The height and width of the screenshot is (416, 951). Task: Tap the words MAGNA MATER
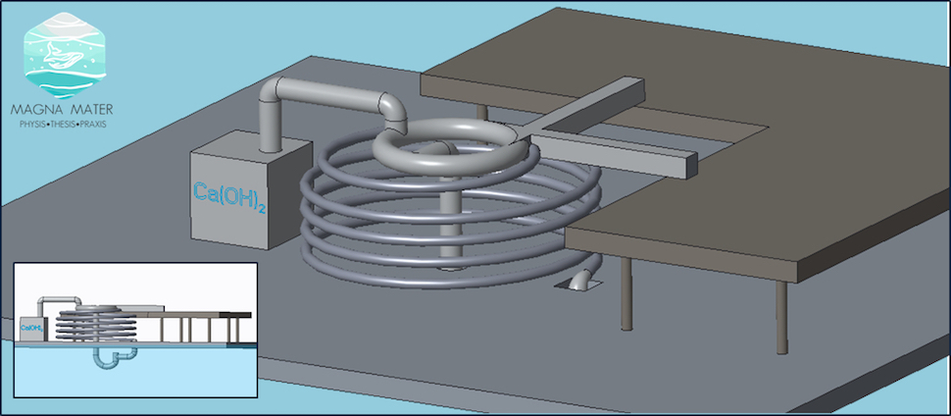coord(62,111)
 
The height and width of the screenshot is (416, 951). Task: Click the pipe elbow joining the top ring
coord(393,112)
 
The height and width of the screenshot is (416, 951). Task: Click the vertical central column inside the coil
coord(448,225)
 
